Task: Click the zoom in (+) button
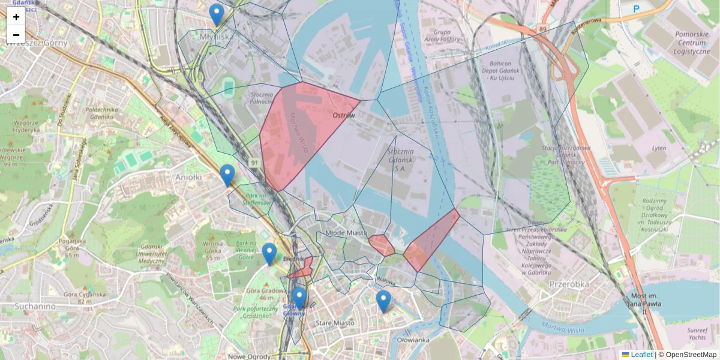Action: tap(16, 17)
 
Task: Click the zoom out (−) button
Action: tap(16, 35)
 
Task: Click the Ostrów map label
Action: tap(344, 115)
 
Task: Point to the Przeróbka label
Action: tap(569, 284)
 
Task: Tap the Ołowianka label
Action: tap(413, 340)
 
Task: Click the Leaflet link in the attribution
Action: tap(641, 355)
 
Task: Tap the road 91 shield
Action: tap(254, 163)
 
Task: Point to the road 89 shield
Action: tap(542, 28)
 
